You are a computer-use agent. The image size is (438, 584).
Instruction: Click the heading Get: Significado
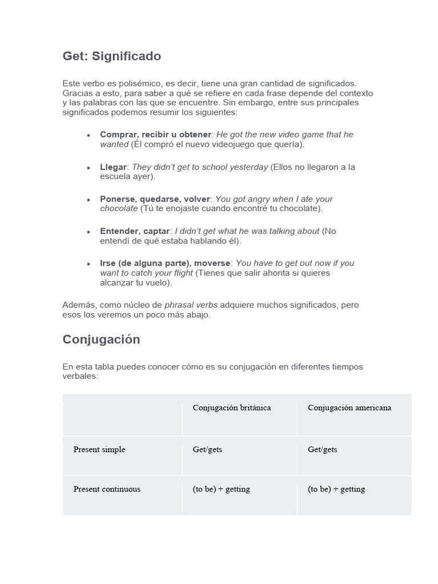112,56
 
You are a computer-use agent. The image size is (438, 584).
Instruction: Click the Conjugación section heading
101,339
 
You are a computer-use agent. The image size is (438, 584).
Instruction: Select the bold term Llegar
113,167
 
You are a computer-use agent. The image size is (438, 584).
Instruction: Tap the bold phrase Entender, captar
135,231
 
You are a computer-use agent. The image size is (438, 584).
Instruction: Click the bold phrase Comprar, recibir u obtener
156,135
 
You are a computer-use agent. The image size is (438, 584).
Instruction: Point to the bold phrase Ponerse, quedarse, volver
155,199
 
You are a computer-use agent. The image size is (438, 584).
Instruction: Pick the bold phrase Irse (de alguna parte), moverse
165,263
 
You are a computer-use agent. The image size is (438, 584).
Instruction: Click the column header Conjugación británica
232,408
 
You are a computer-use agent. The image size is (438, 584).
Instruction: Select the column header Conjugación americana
349,408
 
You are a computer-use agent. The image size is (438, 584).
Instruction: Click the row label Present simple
99,449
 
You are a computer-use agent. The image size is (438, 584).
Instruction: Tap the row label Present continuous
107,489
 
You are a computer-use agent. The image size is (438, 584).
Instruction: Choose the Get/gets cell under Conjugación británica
208,449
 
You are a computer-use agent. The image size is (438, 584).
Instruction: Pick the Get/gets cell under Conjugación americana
322,449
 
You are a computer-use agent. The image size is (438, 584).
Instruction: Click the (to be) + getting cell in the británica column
221,489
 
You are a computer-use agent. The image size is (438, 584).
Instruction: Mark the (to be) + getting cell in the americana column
336,489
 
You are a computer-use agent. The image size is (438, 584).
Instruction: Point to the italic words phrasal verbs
191,305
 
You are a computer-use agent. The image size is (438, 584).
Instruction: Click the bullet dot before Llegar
88,168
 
